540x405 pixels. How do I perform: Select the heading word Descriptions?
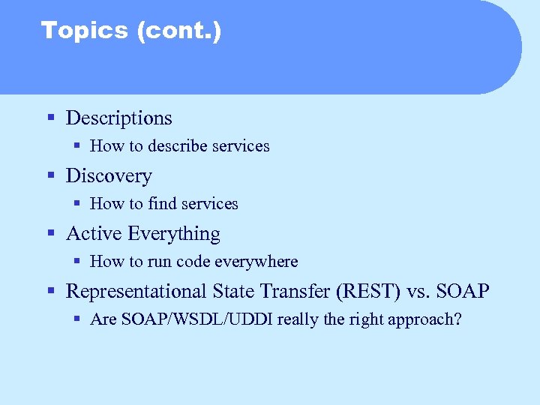tap(118, 118)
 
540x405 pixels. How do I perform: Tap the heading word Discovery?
tap(109, 175)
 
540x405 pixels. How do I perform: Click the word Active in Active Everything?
tap(94, 233)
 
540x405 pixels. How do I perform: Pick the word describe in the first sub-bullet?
tap(177, 146)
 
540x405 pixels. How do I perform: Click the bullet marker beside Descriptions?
tap(51, 118)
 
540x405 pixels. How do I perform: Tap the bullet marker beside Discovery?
tap(51, 175)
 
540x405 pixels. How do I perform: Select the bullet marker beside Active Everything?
tap(51, 233)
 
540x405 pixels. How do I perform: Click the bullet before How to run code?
tap(77, 262)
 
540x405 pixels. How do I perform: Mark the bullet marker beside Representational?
tap(51, 291)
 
